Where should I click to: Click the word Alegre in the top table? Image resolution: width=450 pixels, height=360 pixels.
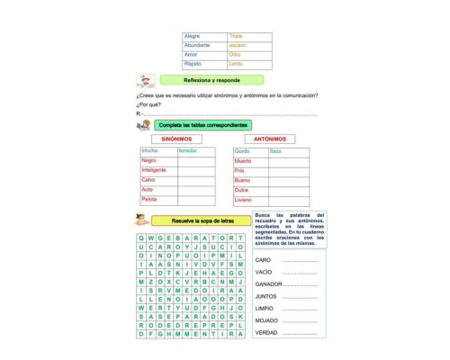(192, 36)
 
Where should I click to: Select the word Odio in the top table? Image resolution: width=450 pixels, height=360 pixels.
(235, 54)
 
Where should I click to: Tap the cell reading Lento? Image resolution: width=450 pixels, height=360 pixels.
(236, 64)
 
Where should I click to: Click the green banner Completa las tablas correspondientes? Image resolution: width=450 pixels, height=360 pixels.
(202, 125)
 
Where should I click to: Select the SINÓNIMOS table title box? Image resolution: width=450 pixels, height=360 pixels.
(175, 139)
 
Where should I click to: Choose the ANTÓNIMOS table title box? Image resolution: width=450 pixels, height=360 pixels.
(270, 139)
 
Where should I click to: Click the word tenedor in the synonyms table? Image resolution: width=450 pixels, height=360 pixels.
(188, 150)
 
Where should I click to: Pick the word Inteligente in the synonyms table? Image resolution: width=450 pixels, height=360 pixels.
(154, 170)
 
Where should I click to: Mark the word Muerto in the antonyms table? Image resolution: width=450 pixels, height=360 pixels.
(243, 160)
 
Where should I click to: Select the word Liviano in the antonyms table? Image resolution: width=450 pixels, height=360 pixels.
(244, 200)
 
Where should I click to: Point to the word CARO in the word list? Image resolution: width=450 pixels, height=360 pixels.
(263, 259)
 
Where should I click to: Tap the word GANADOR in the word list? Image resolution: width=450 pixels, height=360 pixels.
(269, 283)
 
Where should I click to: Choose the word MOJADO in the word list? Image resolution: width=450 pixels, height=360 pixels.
(266, 320)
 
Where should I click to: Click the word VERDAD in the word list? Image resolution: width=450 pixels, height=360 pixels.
(266, 332)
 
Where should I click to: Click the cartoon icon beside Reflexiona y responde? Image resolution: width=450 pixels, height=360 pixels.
(145, 81)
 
